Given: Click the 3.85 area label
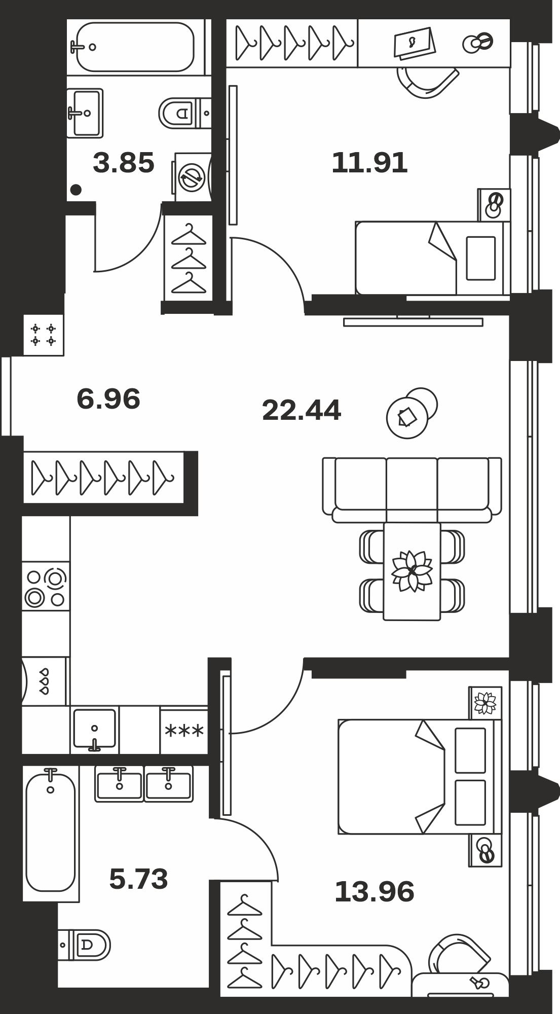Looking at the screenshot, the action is pos(124,163).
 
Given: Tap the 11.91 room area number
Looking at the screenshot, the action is pos(369,163).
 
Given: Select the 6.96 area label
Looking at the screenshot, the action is pos(108,399).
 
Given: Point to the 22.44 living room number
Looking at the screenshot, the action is pos(302,410).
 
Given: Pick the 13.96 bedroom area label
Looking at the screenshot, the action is pos(375,892).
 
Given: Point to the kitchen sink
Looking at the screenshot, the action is pos(95,729).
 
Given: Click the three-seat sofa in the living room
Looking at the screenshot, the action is pos(412,490).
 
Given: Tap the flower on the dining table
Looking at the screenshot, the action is pos(412,570).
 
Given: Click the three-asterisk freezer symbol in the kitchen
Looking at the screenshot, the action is pos(184,731).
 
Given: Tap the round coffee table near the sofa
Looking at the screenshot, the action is pos(412,413).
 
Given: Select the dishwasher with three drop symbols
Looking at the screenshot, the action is pos(44,681).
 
